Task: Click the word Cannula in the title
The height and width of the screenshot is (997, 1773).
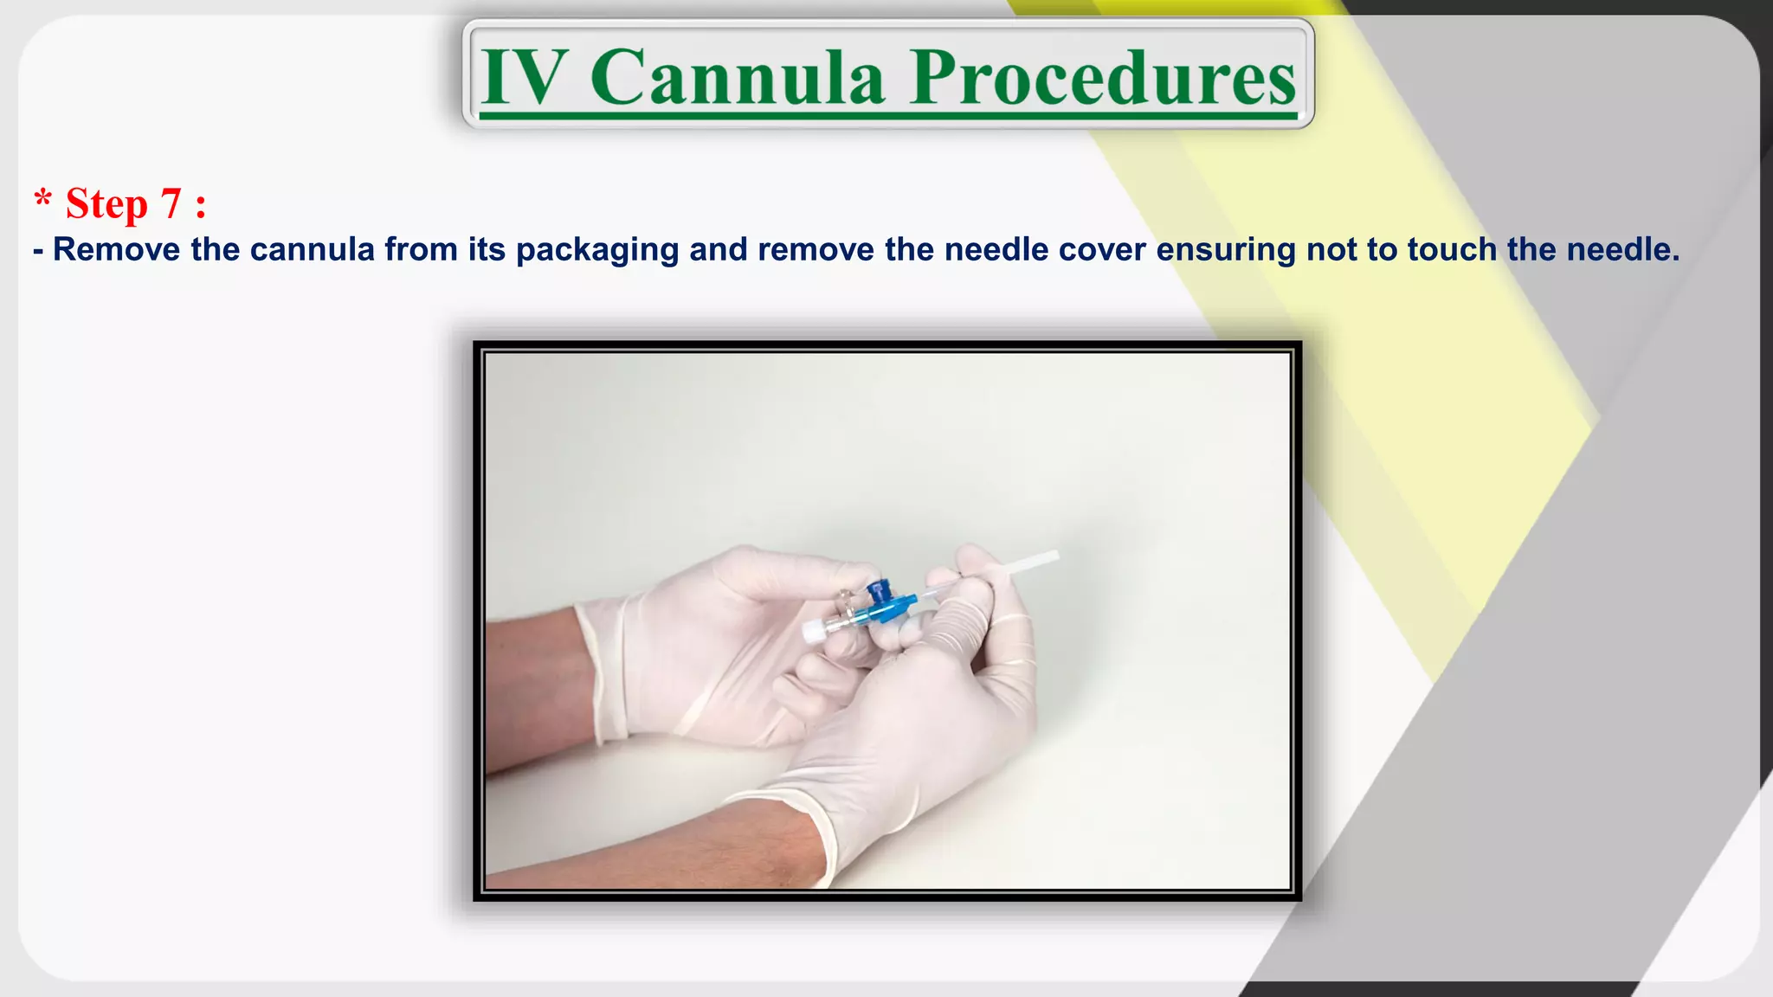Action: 738,78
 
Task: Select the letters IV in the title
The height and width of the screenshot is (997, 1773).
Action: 525,78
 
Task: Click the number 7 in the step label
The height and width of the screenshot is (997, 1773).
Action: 171,204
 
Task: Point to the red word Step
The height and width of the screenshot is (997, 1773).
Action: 106,204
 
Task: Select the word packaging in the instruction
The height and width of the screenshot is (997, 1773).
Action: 597,250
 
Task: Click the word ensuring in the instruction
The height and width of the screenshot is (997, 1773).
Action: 1226,250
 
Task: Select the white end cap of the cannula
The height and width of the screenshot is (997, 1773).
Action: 813,631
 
